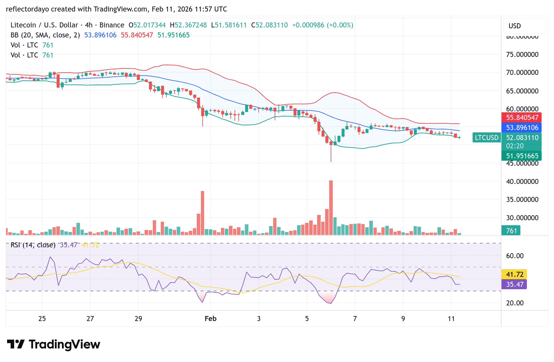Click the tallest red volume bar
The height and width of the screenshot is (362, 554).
click(x=331, y=208)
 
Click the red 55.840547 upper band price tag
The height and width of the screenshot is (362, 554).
click(x=521, y=118)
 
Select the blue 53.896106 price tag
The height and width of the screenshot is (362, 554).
click(x=521, y=128)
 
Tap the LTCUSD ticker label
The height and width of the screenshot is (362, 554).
click(x=486, y=138)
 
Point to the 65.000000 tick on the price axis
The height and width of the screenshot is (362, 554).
click(x=522, y=91)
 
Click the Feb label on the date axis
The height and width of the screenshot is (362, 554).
click(x=210, y=319)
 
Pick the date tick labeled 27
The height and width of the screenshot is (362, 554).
click(x=90, y=319)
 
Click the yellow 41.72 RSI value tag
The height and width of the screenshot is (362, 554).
click(x=514, y=274)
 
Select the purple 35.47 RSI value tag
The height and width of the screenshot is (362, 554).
click(x=514, y=284)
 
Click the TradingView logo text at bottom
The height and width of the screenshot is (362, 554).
click(x=64, y=344)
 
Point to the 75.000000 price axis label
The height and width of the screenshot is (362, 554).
click(x=522, y=55)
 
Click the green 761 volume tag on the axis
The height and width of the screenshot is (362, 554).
click(x=511, y=231)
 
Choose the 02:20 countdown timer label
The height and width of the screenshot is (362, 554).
click(x=515, y=146)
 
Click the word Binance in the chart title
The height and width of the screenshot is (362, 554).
click(x=112, y=25)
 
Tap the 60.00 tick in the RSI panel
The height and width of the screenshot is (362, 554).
click(x=515, y=256)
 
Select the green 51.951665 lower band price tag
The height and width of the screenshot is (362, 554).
click(x=521, y=156)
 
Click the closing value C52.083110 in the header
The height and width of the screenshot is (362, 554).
click(x=269, y=25)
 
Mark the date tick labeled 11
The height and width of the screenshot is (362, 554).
click(x=451, y=319)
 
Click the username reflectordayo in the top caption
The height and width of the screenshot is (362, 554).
click(x=27, y=9)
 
